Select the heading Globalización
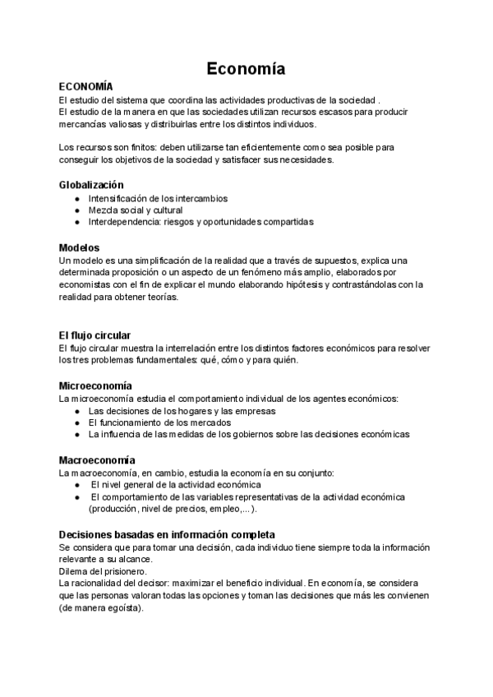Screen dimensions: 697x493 click(91, 185)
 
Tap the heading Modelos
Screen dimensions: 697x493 click(79, 247)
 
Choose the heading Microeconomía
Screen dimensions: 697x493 click(95, 385)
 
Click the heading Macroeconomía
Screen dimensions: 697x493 click(97, 459)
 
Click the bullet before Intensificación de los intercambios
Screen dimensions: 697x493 click(76, 199)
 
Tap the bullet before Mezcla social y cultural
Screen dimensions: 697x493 click(76, 210)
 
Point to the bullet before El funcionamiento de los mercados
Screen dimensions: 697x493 click(76, 422)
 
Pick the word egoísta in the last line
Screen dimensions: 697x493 click(122, 608)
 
